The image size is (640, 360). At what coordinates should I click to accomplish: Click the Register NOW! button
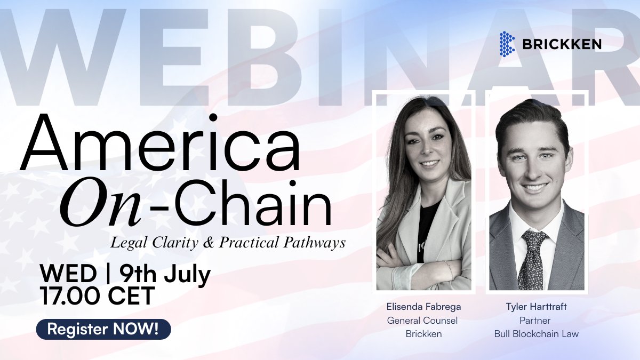pos(103,329)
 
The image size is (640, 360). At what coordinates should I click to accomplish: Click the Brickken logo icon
pos(507,44)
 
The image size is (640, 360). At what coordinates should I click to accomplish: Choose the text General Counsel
pos(422,321)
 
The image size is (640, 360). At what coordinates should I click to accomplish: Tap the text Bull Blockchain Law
pos(537,334)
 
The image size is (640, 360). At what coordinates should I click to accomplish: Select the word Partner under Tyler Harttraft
pos(536,321)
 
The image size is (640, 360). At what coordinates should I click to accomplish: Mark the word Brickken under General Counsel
pos(422,334)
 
